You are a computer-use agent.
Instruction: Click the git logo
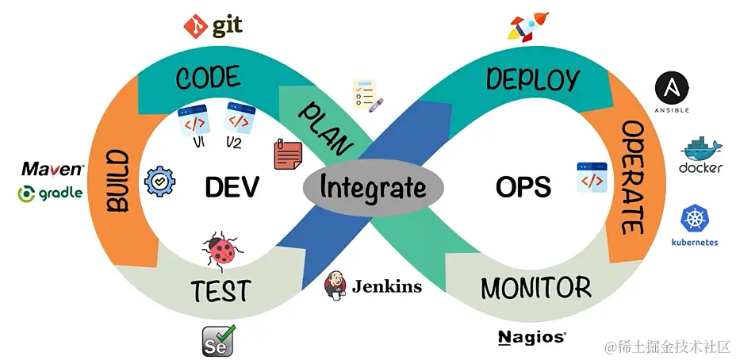point(212,26)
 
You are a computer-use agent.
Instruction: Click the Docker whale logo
point(701,155)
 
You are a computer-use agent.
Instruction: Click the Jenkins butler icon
point(335,285)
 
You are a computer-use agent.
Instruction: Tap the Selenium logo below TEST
point(217,339)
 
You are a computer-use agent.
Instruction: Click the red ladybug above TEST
point(222,250)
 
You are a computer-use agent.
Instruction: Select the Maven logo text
point(52,169)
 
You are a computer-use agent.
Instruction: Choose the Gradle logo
point(50,193)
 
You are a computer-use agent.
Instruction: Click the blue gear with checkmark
point(160,182)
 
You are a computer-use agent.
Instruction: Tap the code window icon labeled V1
point(194,121)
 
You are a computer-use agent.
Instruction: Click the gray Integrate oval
point(373,188)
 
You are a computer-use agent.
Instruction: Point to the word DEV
point(232,187)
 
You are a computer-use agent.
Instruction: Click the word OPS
point(523,187)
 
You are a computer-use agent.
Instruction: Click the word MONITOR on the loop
point(535,288)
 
